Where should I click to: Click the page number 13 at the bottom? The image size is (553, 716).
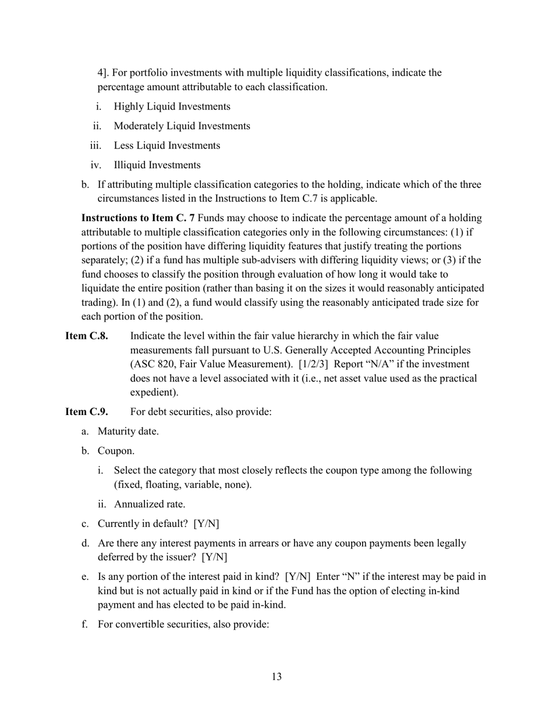pos(276,676)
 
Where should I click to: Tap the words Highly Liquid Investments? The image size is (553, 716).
pos(172,107)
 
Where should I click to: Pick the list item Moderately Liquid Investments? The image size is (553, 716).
pos(182,126)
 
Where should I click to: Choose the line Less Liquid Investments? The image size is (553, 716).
pos(166,146)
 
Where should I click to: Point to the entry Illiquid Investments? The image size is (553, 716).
pos(157,165)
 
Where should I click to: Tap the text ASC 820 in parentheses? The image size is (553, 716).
pos(153,364)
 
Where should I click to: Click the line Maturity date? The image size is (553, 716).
pos(127,431)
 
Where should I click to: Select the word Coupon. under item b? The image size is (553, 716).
pos(116,451)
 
